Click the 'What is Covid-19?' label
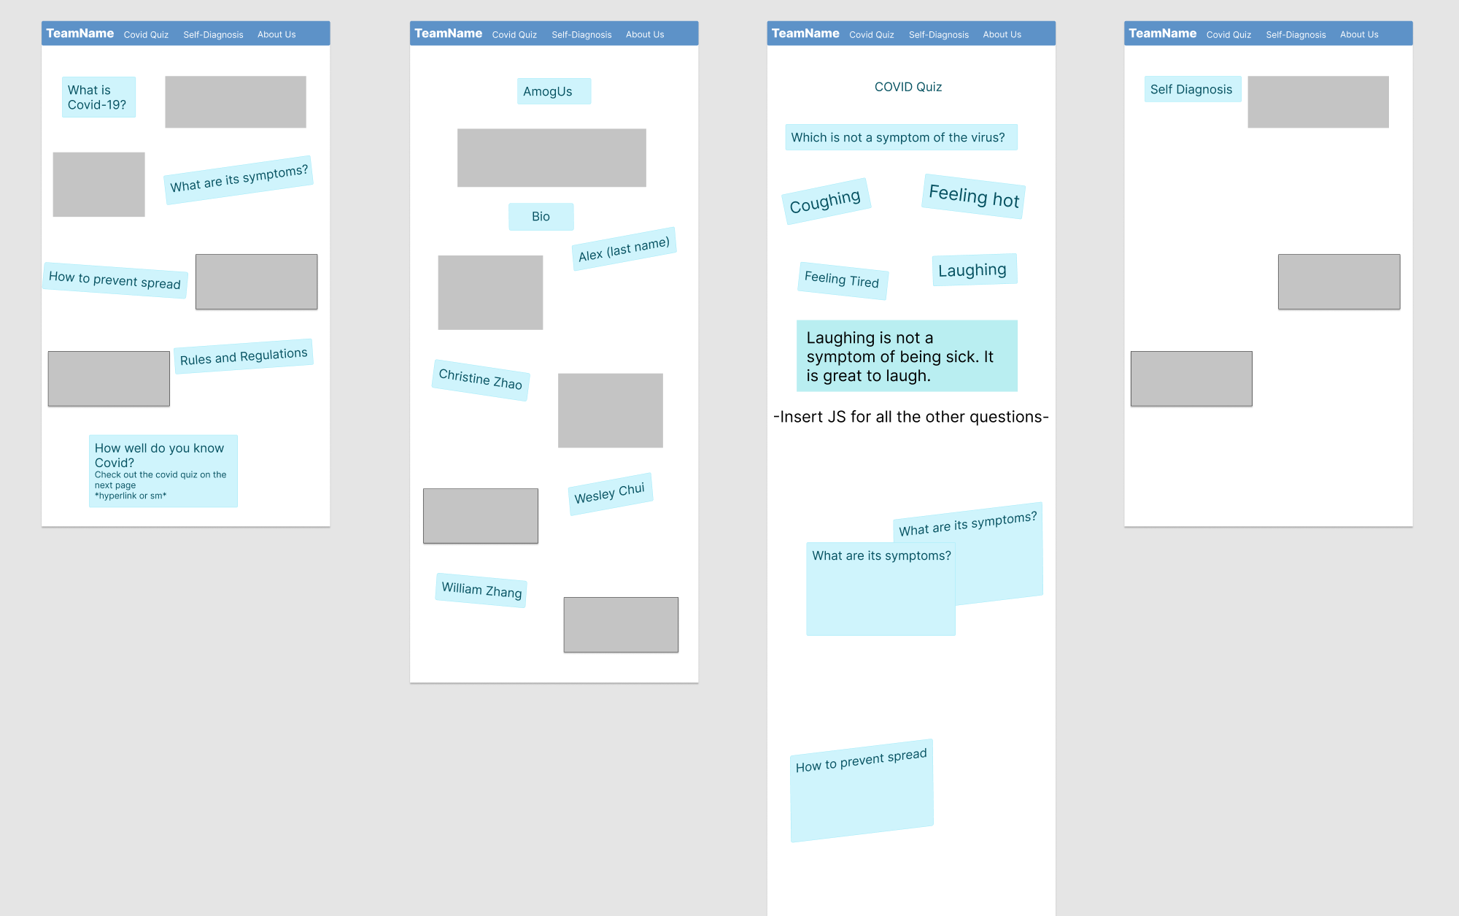click(98, 97)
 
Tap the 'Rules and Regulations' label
click(244, 356)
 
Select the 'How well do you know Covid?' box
click(163, 471)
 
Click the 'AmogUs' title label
click(554, 91)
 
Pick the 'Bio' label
click(541, 217)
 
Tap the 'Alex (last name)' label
click(624, 249)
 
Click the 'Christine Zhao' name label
click(481, 380)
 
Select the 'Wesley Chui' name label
click(610, 493)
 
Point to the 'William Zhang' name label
click(481, 590)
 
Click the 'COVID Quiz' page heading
click(908, 87)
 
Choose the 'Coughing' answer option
click(826, 201)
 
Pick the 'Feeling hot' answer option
click(974, 196)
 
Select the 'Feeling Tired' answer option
click(842, 280)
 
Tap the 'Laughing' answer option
click(973, 270)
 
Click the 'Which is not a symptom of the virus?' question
click(900, 137)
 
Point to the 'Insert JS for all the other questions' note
click(910, 417)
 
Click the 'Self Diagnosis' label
click(1192, 89)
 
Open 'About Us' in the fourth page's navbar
click(1359, 34)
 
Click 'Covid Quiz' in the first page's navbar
click(146, 34)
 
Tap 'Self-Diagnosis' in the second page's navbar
click(581, 34)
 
